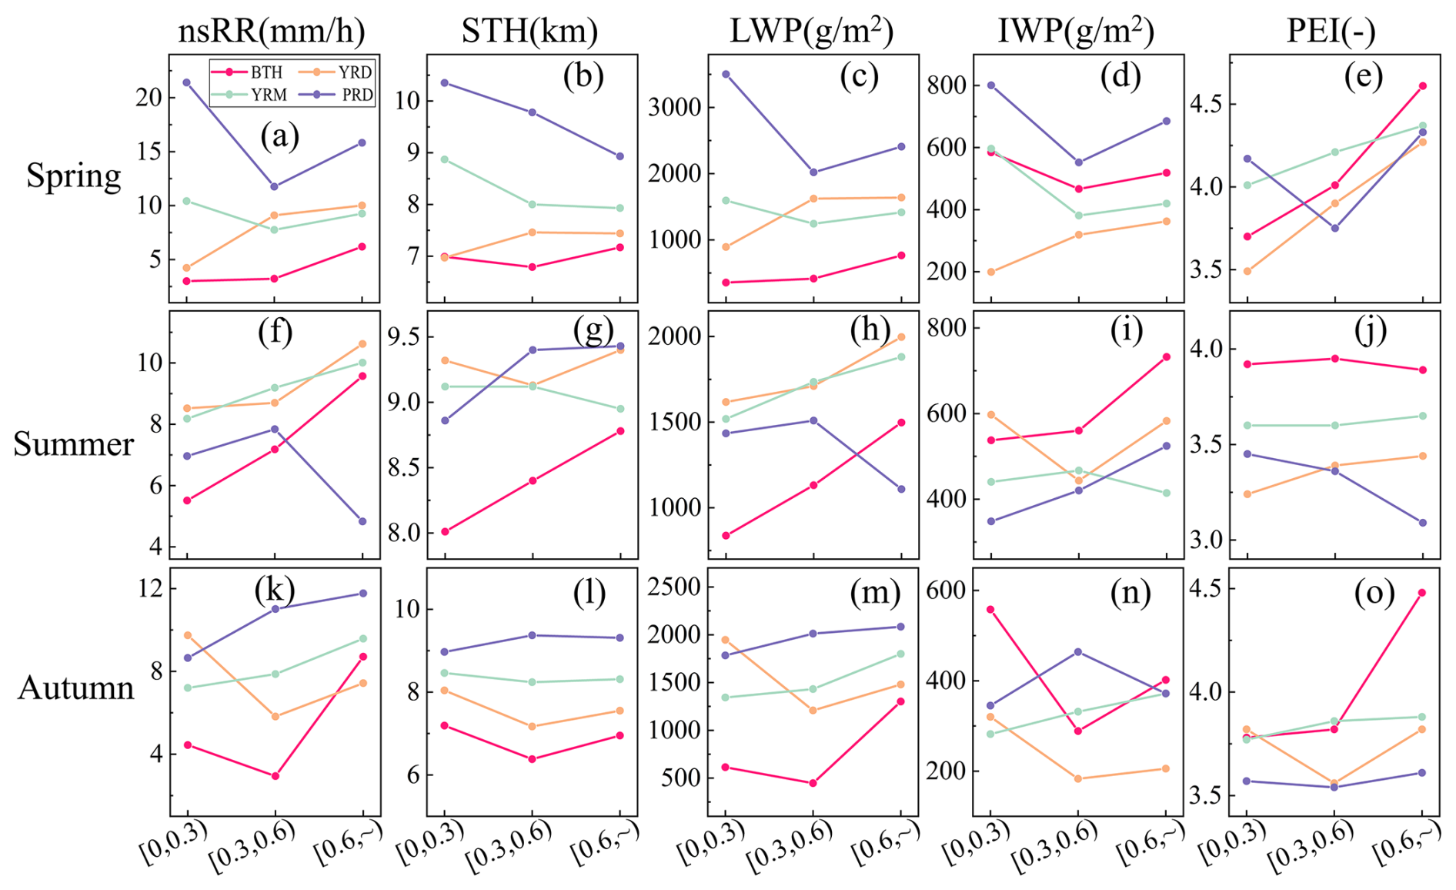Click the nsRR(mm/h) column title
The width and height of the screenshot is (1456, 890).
[272, 31]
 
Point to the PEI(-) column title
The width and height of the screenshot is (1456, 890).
[1331, 31]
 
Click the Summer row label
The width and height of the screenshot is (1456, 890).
[73, 444]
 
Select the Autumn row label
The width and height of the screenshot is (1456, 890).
[75, 688]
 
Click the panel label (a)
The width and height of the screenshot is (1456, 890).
[279, 136]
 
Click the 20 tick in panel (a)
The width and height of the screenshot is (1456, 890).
[149, 98]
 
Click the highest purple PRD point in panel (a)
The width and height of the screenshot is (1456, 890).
[186, 82]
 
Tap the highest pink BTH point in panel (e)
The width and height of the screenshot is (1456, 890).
[1422, 86]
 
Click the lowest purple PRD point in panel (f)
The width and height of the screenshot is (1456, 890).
[362, 521]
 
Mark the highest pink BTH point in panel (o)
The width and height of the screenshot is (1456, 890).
[1421, 593]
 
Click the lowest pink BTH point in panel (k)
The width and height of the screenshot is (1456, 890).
[275, 776]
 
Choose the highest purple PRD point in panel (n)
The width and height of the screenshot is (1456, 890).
[1078, 652]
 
